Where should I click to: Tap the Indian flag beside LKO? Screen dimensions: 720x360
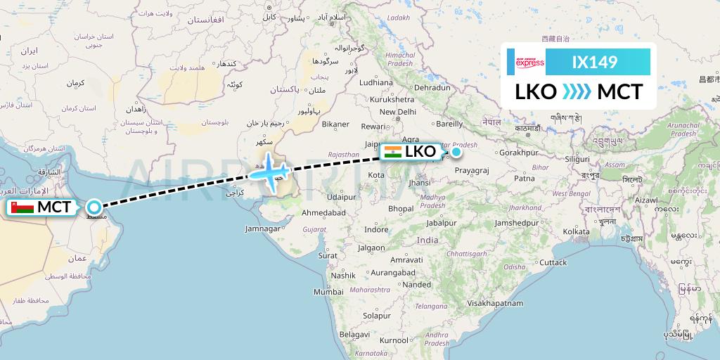pyautogui.click(x=392, y=152)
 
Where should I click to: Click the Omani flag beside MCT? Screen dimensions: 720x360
pyautogui.click(x=22, y=208)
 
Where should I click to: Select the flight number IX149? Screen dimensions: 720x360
pyautogui.click(x=595, y=63)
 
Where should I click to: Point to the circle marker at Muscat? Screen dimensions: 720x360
pyautogui.click(x=94, y=207)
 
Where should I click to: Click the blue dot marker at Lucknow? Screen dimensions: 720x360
pyautogui.click(x=456, y=151)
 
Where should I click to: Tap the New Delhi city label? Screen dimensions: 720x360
pyautogui.click(x=398, y=112)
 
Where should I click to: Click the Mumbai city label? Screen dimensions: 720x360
pyautogui.click(x=328, y=292)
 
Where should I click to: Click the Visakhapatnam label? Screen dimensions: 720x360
pyautogui.click(x=496, y=303)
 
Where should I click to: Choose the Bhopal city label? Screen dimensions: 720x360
pyautogui.click(x=401, y=209)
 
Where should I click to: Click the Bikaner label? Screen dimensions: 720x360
pyautogui.click(x=335, y=124)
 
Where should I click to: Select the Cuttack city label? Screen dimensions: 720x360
pyautogui.click(x=553, y=262)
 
